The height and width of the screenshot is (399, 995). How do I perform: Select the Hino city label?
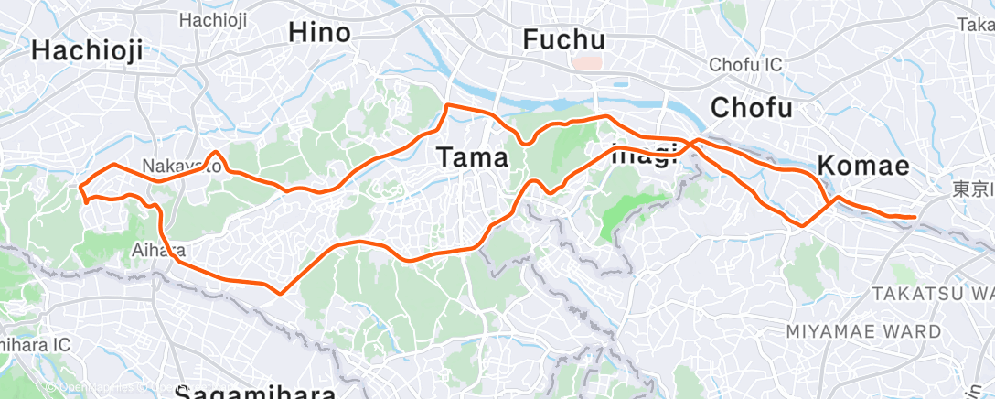[x=319, y=34]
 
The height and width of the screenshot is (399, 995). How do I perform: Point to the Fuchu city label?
[x=564, y=39]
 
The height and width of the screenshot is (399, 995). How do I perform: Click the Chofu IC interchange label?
[x=745, y=65]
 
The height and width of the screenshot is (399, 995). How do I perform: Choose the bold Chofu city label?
[x=751, y=107]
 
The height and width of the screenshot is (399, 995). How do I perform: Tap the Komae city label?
[x=862, y=166]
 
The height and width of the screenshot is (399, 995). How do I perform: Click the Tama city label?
[x=472, y=157]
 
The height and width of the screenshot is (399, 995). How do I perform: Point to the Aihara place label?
[x=158, y=250]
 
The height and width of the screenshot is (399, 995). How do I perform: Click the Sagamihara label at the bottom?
[x=255, y=391]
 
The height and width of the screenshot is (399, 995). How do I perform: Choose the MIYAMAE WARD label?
[x=862, y=330]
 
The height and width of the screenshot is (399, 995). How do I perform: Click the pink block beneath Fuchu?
[x=586, y=63]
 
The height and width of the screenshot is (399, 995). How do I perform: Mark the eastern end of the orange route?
[x=914, y=217]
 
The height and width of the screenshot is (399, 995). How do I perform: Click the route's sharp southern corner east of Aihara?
[x=279, y=293]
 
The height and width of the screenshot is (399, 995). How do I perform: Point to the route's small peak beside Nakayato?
[x=214, y=153]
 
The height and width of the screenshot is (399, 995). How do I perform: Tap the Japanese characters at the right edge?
[x=972, y=189]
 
